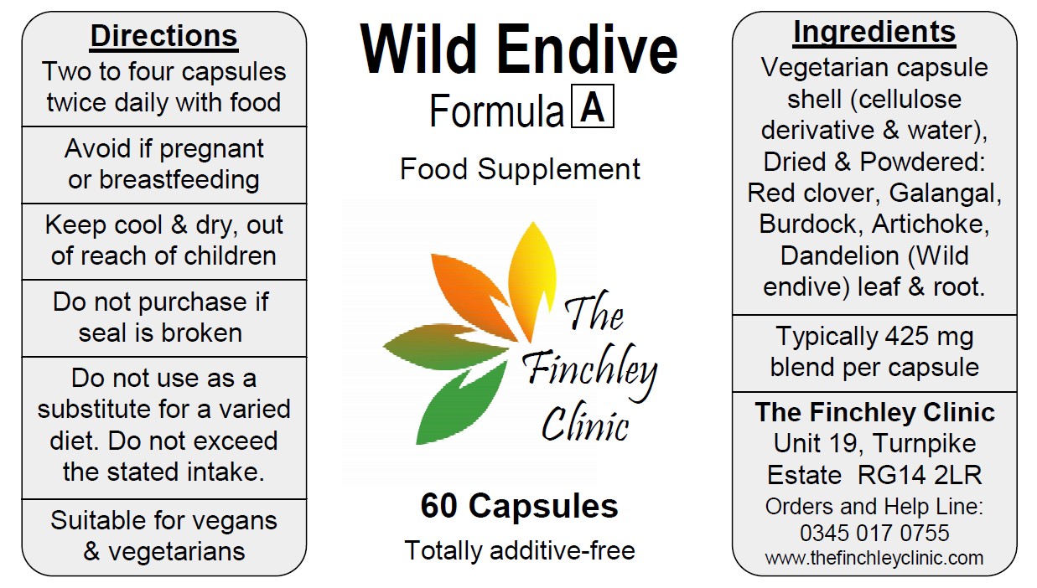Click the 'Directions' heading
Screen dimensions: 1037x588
[x=163, y=36]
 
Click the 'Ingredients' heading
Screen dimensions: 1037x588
[x=874, y=34]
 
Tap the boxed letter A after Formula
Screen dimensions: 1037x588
[x=593, y=106]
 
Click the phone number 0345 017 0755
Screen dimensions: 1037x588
[x=874, y=533]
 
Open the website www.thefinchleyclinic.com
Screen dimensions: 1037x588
[x=874, y=558]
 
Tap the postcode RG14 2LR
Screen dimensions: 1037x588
[x=920, y=475]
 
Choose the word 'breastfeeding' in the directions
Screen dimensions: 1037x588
[x=179, y=179]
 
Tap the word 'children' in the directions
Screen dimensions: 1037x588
[x=230, y=255]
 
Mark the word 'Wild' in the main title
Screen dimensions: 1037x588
[x=418, y=49]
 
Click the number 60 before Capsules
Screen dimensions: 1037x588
[x=439, y=506]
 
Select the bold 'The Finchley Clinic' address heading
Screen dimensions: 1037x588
[x=874, y=412]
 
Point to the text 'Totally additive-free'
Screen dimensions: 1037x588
[x=520, y=550]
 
